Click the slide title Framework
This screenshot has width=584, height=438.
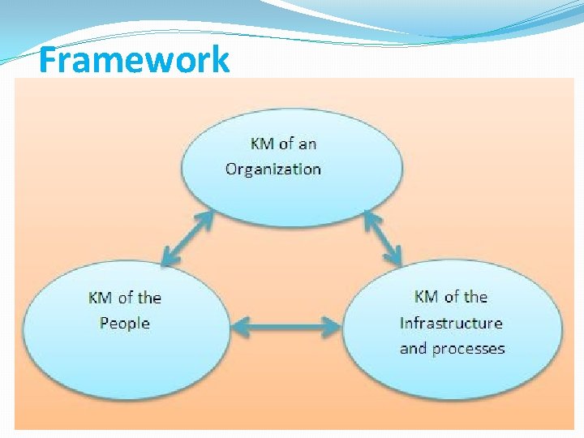coord(134,60)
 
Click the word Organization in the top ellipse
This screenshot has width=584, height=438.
coord(273,169)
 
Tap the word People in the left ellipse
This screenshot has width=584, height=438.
coord(125,323)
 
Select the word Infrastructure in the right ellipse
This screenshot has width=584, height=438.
coord(451,323)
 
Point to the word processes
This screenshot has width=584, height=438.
coord(468,349)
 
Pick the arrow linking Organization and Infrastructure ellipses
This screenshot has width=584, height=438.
coord(383,238)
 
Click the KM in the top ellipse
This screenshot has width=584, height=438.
coord(262,144)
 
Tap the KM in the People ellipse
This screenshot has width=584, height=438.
coord(100,298)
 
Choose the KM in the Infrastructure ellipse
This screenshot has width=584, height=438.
coord(427,297)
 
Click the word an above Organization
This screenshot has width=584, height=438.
coord(307,144)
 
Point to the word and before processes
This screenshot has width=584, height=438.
coord(413,349)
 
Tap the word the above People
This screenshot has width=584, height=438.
coord(149,298)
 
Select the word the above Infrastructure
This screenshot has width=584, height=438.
coord(475,297)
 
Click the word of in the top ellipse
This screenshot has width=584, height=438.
coord(286,144)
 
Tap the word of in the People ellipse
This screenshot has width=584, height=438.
coord(125,298)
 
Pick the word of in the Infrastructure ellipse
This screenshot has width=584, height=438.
coord(452,297)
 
